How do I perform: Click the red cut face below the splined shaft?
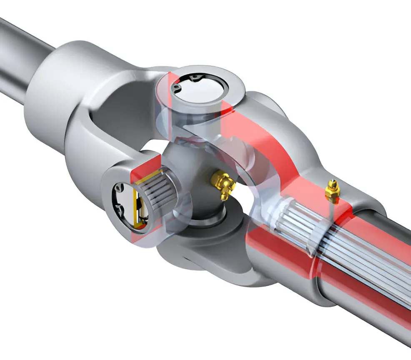coord(283,267)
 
